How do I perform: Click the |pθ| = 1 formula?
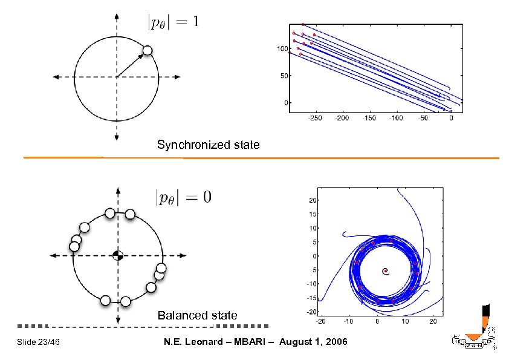[173, 22]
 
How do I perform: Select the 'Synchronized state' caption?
[208, 145]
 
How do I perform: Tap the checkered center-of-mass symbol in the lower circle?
[118, 255]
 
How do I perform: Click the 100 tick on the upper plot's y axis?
[282, 48]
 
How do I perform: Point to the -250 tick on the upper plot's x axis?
[315, 119]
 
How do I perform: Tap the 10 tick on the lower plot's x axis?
[405, 321]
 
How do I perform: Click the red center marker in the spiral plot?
[385, 271]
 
